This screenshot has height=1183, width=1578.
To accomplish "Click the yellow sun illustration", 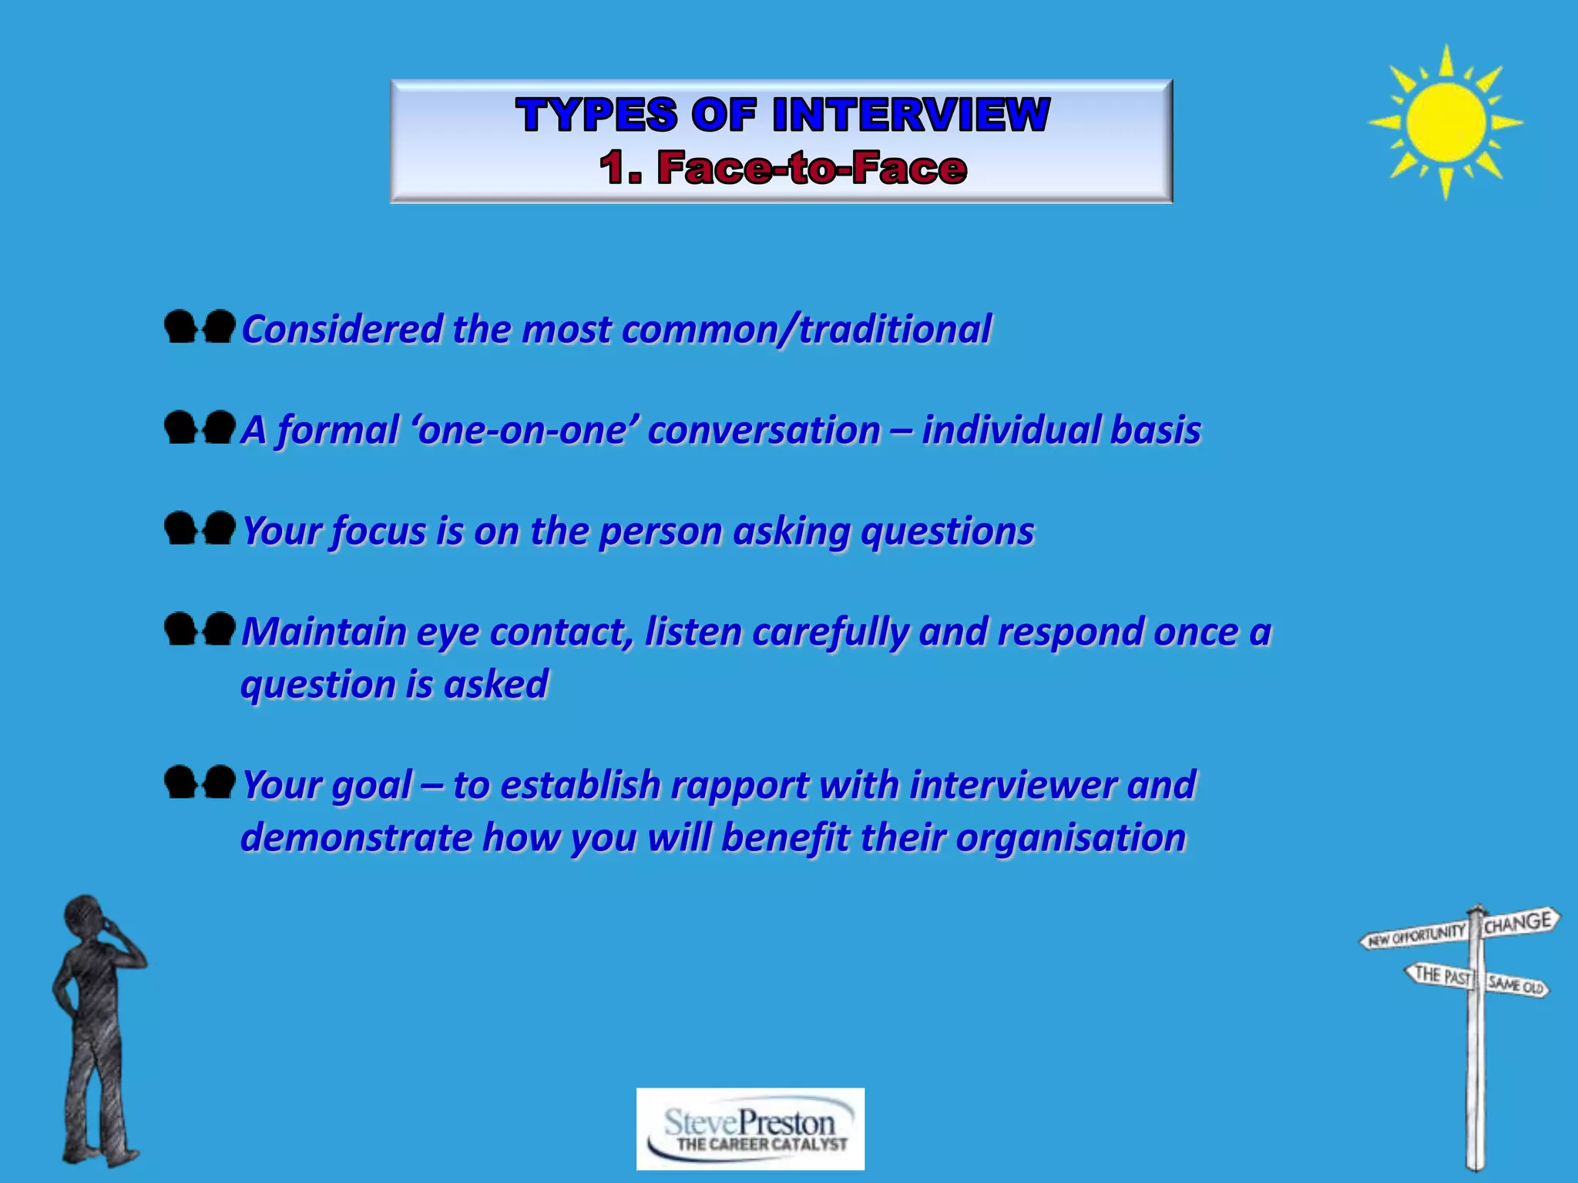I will pyautogui.click(x=1445, y=122).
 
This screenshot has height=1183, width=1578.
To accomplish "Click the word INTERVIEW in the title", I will pyautogui.click(x=911, y=115).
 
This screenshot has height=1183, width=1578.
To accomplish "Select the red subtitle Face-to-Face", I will pyautogui.click(x=811, y=168).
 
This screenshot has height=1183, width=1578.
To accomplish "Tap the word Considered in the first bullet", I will pyautogui.click(x=342, y=330).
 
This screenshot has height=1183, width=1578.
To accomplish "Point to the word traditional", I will pyautogui.click(x=895, y=330).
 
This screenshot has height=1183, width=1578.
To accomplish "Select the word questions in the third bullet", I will pyautogui.click(x=947, y=531).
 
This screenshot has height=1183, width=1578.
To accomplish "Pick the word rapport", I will pyautogui.click(x=739, y=786).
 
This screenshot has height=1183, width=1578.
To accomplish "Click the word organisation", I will pyautogui.click(x=1070, y=838).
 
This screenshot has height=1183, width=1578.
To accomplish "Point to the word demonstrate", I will pyautogui.click(x=355, y=838).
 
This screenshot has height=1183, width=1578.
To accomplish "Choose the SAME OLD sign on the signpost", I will pyautogui.click(x=1516, y=985).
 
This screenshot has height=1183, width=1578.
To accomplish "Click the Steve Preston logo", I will pyautogui.click(x=750, y=1129).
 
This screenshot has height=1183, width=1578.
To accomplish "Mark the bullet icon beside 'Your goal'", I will pyautogui.click(x=200, y=783).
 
